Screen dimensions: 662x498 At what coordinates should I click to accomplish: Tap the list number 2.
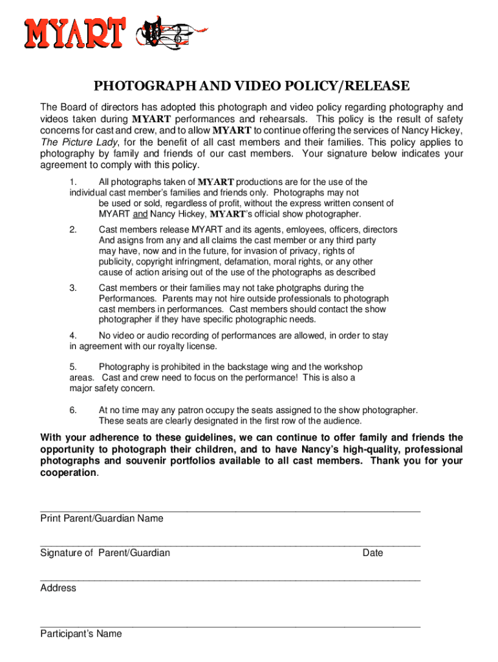73,230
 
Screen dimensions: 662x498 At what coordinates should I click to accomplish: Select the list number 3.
73,288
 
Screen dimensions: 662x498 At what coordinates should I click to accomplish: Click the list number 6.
73,410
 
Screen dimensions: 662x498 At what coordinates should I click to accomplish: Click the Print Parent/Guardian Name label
102,518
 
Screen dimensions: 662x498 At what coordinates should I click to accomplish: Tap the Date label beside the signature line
373,553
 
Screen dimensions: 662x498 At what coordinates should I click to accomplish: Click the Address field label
58,588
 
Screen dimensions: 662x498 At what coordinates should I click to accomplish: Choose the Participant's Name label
81,634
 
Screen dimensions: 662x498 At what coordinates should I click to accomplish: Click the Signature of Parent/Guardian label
105,553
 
